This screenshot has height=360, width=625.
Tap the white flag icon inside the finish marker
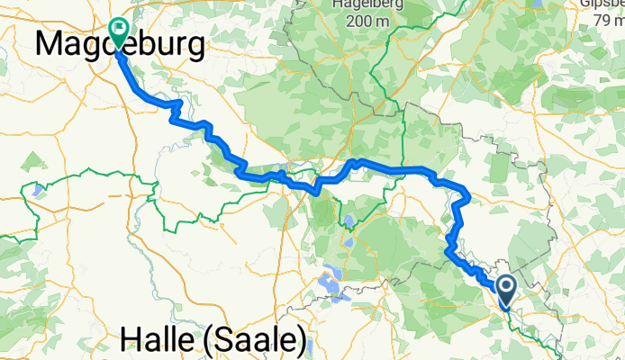tap(118, 29)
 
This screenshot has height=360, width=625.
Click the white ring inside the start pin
tap(506, 287)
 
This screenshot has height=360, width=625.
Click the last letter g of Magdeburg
tap(195, 45)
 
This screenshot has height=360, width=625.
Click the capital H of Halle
tap(131, 341)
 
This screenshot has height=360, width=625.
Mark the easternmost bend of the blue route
tap(469, 193)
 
